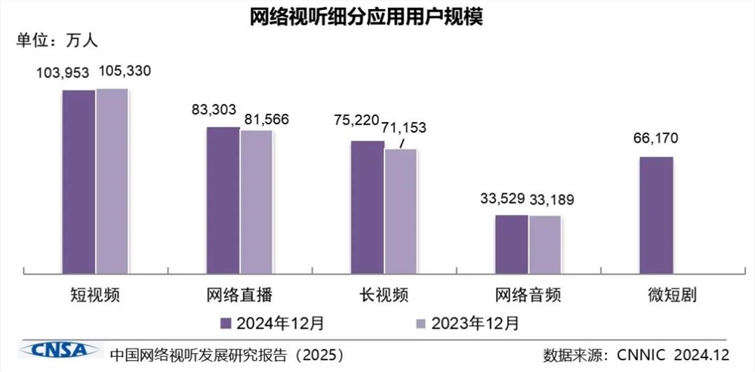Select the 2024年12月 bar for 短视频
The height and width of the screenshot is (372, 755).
[x=79, y=181]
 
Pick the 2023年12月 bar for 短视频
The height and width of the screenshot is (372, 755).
[x=112, y=180]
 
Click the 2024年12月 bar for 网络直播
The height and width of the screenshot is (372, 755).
[x=223, y=199]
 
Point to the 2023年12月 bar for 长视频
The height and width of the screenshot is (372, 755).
[x=400, y=211]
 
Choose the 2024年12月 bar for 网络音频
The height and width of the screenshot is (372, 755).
[x=511, y=243]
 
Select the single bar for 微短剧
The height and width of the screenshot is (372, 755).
[x=656, y=214]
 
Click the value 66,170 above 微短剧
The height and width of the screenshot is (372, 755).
[x=656, y=139]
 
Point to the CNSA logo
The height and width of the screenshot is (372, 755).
[x=59, y=350]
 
